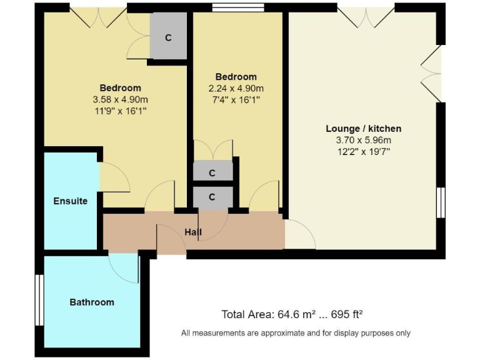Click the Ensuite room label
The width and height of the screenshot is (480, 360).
click(70, 201)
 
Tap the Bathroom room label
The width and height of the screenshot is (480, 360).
click(91, 302)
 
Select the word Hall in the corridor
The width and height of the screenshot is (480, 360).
click(193, 232)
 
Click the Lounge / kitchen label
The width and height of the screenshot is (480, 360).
click(363, 129)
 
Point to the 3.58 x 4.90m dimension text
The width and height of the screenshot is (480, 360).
click(120, 99)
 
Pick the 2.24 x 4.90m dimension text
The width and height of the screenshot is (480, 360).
click(236, 88)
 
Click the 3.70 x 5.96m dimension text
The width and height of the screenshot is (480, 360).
click(363, 140)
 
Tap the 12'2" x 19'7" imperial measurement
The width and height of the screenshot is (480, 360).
click(363, 151)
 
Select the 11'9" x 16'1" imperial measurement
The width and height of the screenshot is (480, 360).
click(120, 111)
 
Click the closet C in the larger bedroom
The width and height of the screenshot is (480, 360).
click(167, 37)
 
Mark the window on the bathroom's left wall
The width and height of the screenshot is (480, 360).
click(39, 301)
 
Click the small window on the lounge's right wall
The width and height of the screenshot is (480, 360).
click(441, 202)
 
